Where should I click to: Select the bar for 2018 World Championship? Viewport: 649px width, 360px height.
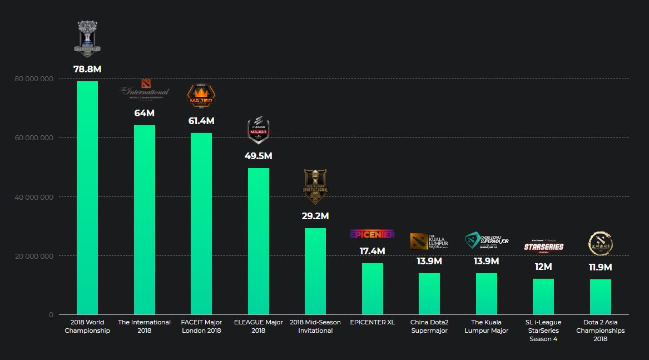pyautogui.click(x=87, y=198)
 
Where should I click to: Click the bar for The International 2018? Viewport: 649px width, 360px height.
pyautogui.click(x=145, y=220)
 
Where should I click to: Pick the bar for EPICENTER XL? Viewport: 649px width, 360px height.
pyautogui.click(x=373, y=289)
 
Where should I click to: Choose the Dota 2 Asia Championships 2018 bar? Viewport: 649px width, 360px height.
pyautogui.click(x=601, y=297)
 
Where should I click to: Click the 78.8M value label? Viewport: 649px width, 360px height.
pyautogui.click(x=87, y=70)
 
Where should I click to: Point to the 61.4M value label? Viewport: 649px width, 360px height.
pyautogui.click(x=201, y=121)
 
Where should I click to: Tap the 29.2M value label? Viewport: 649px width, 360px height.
pyautogui.click(x=315, y=216)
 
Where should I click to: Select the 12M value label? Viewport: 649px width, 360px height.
pyautogui.click(x=543, y=267)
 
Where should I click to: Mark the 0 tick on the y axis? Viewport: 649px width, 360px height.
pyautogui.click(x=51, y=315)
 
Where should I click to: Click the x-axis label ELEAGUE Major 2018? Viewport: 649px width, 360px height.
pyautogui.click(x=259, y=326)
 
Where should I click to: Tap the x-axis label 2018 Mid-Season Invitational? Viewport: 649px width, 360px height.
pyautogui.click(x=315, y=326)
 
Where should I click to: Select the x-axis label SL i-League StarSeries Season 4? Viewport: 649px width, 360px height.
pyautogui.click(x=543, y=330)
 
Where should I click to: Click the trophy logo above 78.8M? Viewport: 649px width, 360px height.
pyautogui.click(x=87, y=38)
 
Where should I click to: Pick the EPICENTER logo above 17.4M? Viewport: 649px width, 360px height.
pyautogui.click(x=373, y=234)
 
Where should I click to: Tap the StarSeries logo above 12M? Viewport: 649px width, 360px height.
pyautogui.click(x=543, y=245)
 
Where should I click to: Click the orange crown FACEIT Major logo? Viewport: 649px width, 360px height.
pyautogui.click(x=201, y=95)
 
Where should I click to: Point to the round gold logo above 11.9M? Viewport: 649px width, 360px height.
pyautogui.click(x=600, y=243)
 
